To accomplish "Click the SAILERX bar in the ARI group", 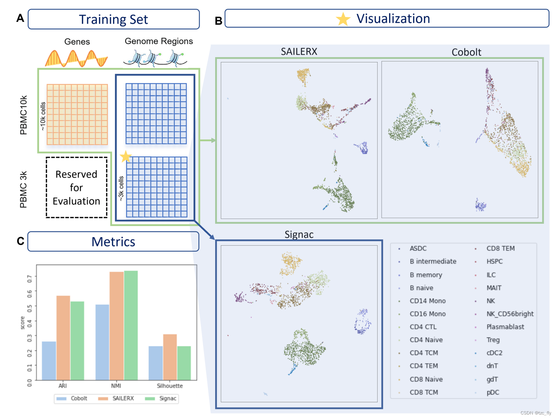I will pos(63,338).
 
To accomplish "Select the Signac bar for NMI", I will pos(131,325).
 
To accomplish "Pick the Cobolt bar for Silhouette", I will pos(155,363).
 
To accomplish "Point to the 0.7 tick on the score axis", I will pos(30,276).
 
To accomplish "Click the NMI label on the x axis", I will pos(116,386).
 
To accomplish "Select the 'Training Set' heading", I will pos(113,19).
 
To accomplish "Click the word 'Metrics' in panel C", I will pos(113,242).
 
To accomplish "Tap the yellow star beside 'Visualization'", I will pos(343,19).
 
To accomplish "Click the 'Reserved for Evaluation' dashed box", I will pos(76,187).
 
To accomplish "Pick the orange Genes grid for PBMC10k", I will pos(77,114).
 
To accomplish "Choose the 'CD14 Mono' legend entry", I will pos(427,301).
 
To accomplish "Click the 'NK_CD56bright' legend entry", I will pos(510,314).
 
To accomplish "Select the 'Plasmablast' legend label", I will pos(505,327).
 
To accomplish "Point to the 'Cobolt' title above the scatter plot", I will pos(466,52).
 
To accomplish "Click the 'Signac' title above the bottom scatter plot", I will pos(299,235).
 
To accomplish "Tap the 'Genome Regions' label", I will pos(159,41).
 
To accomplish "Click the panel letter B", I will pos(218,21).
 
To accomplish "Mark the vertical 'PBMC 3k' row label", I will pos(23,189).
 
